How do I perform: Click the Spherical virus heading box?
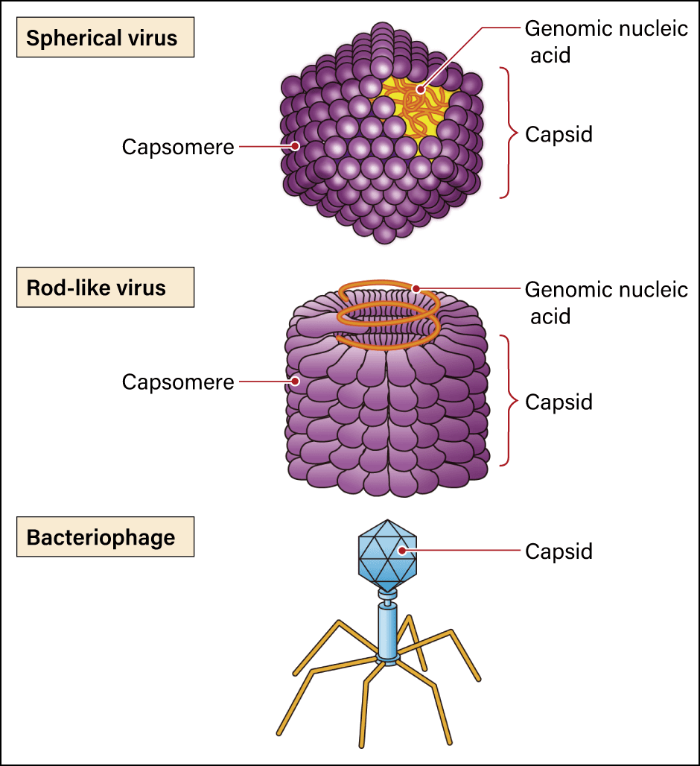click(x=104, y=38)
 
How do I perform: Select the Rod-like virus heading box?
click(x=104, y=288)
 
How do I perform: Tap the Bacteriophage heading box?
click(x=104, y=537)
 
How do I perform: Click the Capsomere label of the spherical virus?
click(x=178, y=148)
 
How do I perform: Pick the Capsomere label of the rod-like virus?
click(x=178, y=382)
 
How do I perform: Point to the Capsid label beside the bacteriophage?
click(x=559, y=551)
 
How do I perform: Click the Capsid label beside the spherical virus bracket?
click(x=559, y=135)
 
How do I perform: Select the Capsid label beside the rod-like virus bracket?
click(x=559, y=402)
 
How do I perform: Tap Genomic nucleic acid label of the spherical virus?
click(x=605, y=41)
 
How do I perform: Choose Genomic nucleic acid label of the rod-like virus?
click(x=605, y=302)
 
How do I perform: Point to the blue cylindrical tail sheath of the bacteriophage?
click(x=387, y=630)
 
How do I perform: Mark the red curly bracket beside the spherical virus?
click(x=509, y=133)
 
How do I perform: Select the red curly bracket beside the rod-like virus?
click(x=509, y=401)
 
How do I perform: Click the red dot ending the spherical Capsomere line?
click(x=296, y=148)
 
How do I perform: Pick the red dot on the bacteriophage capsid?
click(x=402, y=551)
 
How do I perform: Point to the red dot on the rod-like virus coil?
click(x=417, y=289)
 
